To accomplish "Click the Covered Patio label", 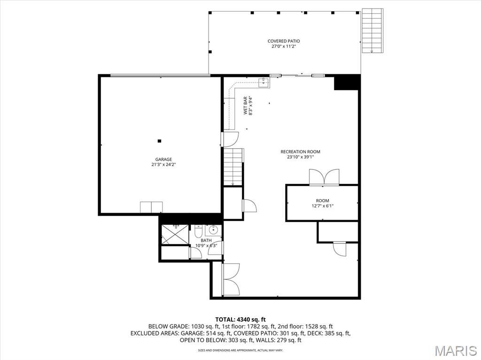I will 284,41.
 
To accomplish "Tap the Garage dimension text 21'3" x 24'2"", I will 164,165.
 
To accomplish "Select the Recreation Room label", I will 300,152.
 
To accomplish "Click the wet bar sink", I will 264,83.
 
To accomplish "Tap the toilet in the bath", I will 198,232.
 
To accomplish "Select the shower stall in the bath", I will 175,234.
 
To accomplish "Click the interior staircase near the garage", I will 233,167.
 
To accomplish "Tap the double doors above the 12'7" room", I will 324,177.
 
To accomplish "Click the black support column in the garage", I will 160,140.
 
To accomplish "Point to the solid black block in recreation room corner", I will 347,82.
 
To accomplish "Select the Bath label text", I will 206,240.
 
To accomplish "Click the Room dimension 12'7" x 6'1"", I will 322,206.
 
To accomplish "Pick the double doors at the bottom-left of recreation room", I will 230,279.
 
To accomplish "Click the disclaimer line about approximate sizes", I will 240,350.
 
